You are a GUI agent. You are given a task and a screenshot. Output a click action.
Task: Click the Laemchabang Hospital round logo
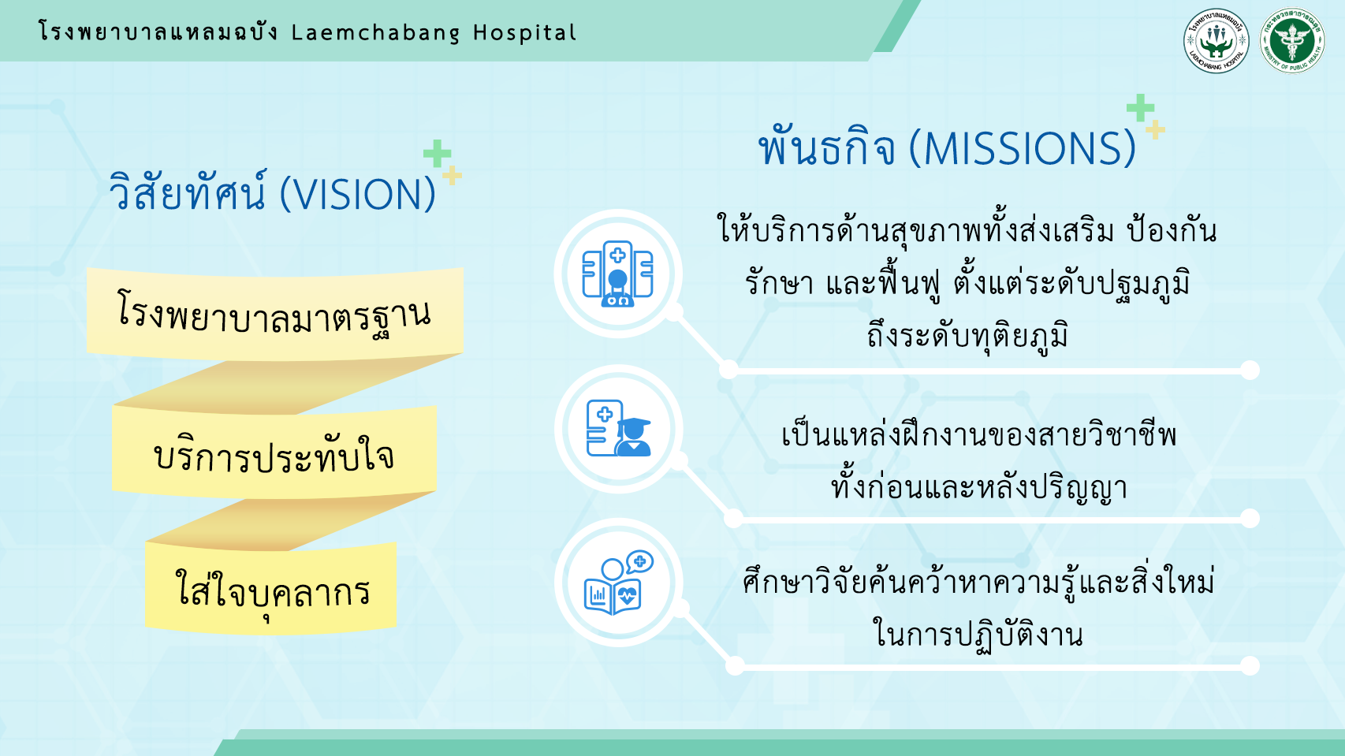pyautogui.click(x=1216, y=40)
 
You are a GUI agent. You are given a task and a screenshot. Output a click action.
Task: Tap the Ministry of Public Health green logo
pyautogui.click(x=1292, y=40)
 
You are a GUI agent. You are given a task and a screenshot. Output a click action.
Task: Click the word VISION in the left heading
pyautogui.click(x=357, y=195)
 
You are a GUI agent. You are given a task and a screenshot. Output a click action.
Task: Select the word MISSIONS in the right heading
pyautogui.click(x=1022, y=148)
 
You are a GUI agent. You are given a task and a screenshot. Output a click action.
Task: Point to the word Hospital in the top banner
pyautogui.click(x=525, y=32)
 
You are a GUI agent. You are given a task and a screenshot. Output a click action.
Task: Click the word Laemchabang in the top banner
pyautogui.click(x=375, y=32)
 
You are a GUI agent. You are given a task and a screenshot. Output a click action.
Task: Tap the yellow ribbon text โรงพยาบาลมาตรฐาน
pyautogui.click(x=274, y=315)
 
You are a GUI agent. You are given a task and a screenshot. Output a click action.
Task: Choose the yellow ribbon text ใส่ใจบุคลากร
pyautogui.click(x=273, y=589)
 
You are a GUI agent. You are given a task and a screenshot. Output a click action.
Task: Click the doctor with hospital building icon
pyautogui.click(x=617, y=274)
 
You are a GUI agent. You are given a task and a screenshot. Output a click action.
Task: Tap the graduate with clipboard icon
pyautogui.click(x=618, y=428)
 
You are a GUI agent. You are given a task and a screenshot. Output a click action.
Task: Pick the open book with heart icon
pyautogui.click(x=618, y=583)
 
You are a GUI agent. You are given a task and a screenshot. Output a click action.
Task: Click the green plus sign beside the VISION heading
pyautogui.click(x=437, y=154)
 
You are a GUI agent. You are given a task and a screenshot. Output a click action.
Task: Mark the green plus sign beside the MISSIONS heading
pyautogui.click(x=1140, y=108)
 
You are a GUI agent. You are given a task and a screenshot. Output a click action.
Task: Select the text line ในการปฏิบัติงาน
pyautogui.click(x=978, y=635)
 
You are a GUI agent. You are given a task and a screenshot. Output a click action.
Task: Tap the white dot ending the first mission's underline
pyautogui.click(x=1250, y=370)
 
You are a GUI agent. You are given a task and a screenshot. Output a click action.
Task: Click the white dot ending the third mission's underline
pyautogui.click(x=1250, y=665)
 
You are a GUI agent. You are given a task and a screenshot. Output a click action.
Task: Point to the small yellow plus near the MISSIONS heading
pyautogui.click(x=1155, y=130)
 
